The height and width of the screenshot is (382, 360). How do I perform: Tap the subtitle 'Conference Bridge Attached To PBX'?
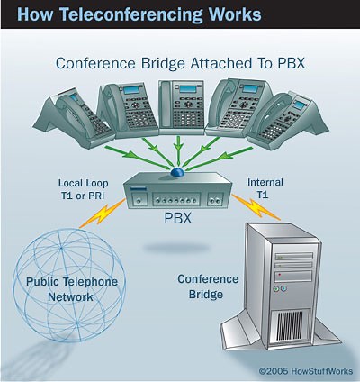coord(181,64)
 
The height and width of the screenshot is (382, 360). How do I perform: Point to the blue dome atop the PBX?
coord(179,170)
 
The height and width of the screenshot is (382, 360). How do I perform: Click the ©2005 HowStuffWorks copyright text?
coord(302,369)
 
